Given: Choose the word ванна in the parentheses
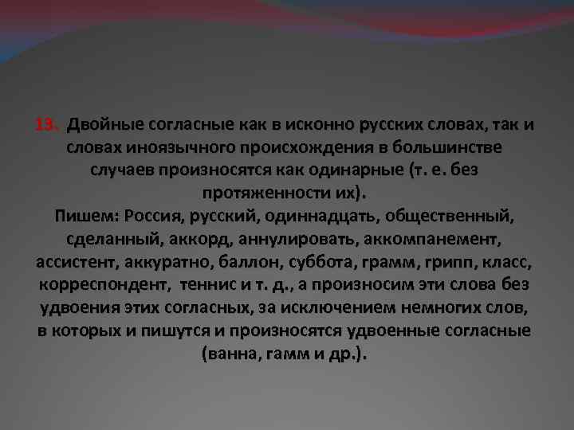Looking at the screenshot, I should tap(230, 353).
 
